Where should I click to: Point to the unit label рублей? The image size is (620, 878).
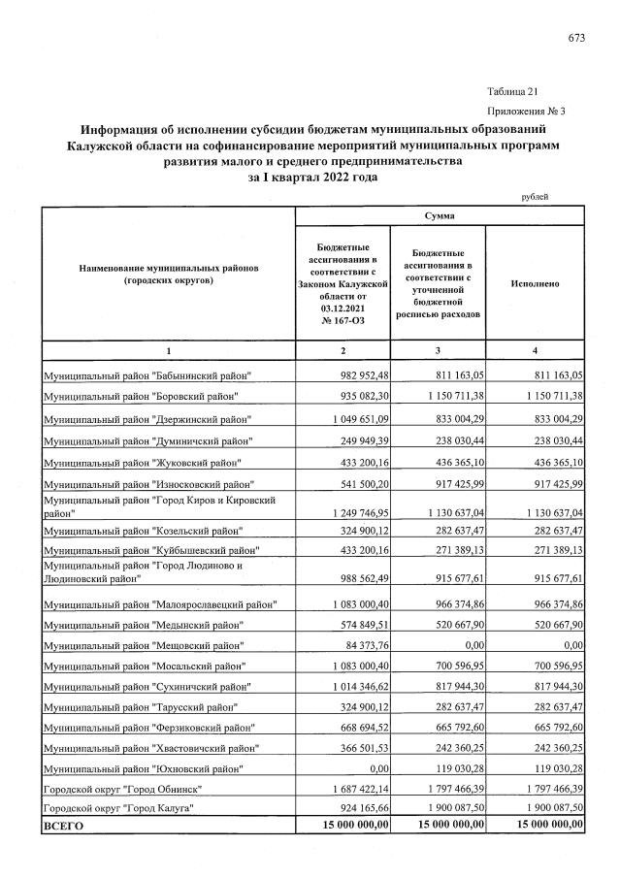tap(535, 197)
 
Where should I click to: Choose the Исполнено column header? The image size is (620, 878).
tap(535, 283)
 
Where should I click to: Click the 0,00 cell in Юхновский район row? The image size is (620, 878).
tap(374, 767)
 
